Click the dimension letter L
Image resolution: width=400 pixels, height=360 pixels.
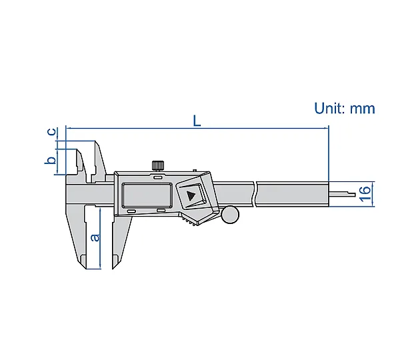click(197, 121)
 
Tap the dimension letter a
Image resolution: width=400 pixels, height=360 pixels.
click(95, 237)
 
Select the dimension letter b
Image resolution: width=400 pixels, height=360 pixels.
click(50, 160)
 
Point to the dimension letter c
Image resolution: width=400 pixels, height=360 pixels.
click(52, 131)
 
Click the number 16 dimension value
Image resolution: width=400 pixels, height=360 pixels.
click(365, 193)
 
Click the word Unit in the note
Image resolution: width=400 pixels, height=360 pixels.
click(329, 108)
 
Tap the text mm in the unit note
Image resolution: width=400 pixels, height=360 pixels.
click(362, 109)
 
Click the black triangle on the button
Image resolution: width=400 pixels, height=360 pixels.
click(191, 196)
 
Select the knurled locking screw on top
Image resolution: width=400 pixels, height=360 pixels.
click(158, 165)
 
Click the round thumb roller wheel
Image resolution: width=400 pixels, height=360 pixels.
click(230, 215)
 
